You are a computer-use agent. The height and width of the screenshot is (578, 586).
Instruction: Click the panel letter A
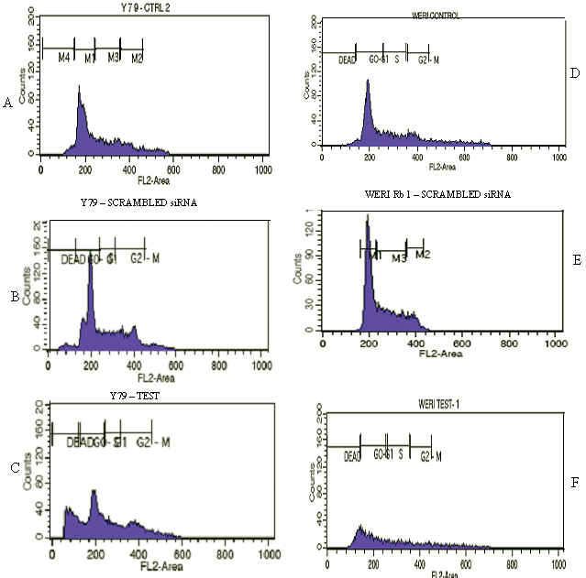(7, 104)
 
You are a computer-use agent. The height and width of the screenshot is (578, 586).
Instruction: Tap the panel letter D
(572, 72)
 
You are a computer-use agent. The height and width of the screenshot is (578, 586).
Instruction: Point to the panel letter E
(577, 259)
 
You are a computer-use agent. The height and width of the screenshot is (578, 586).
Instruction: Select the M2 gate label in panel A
(137, 58)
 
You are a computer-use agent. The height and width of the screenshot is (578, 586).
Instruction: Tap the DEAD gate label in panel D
(347, 60)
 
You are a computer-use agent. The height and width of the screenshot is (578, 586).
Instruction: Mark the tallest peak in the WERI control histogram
(368, 81)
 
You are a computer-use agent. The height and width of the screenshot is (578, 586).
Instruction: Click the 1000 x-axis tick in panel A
(260, 170)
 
